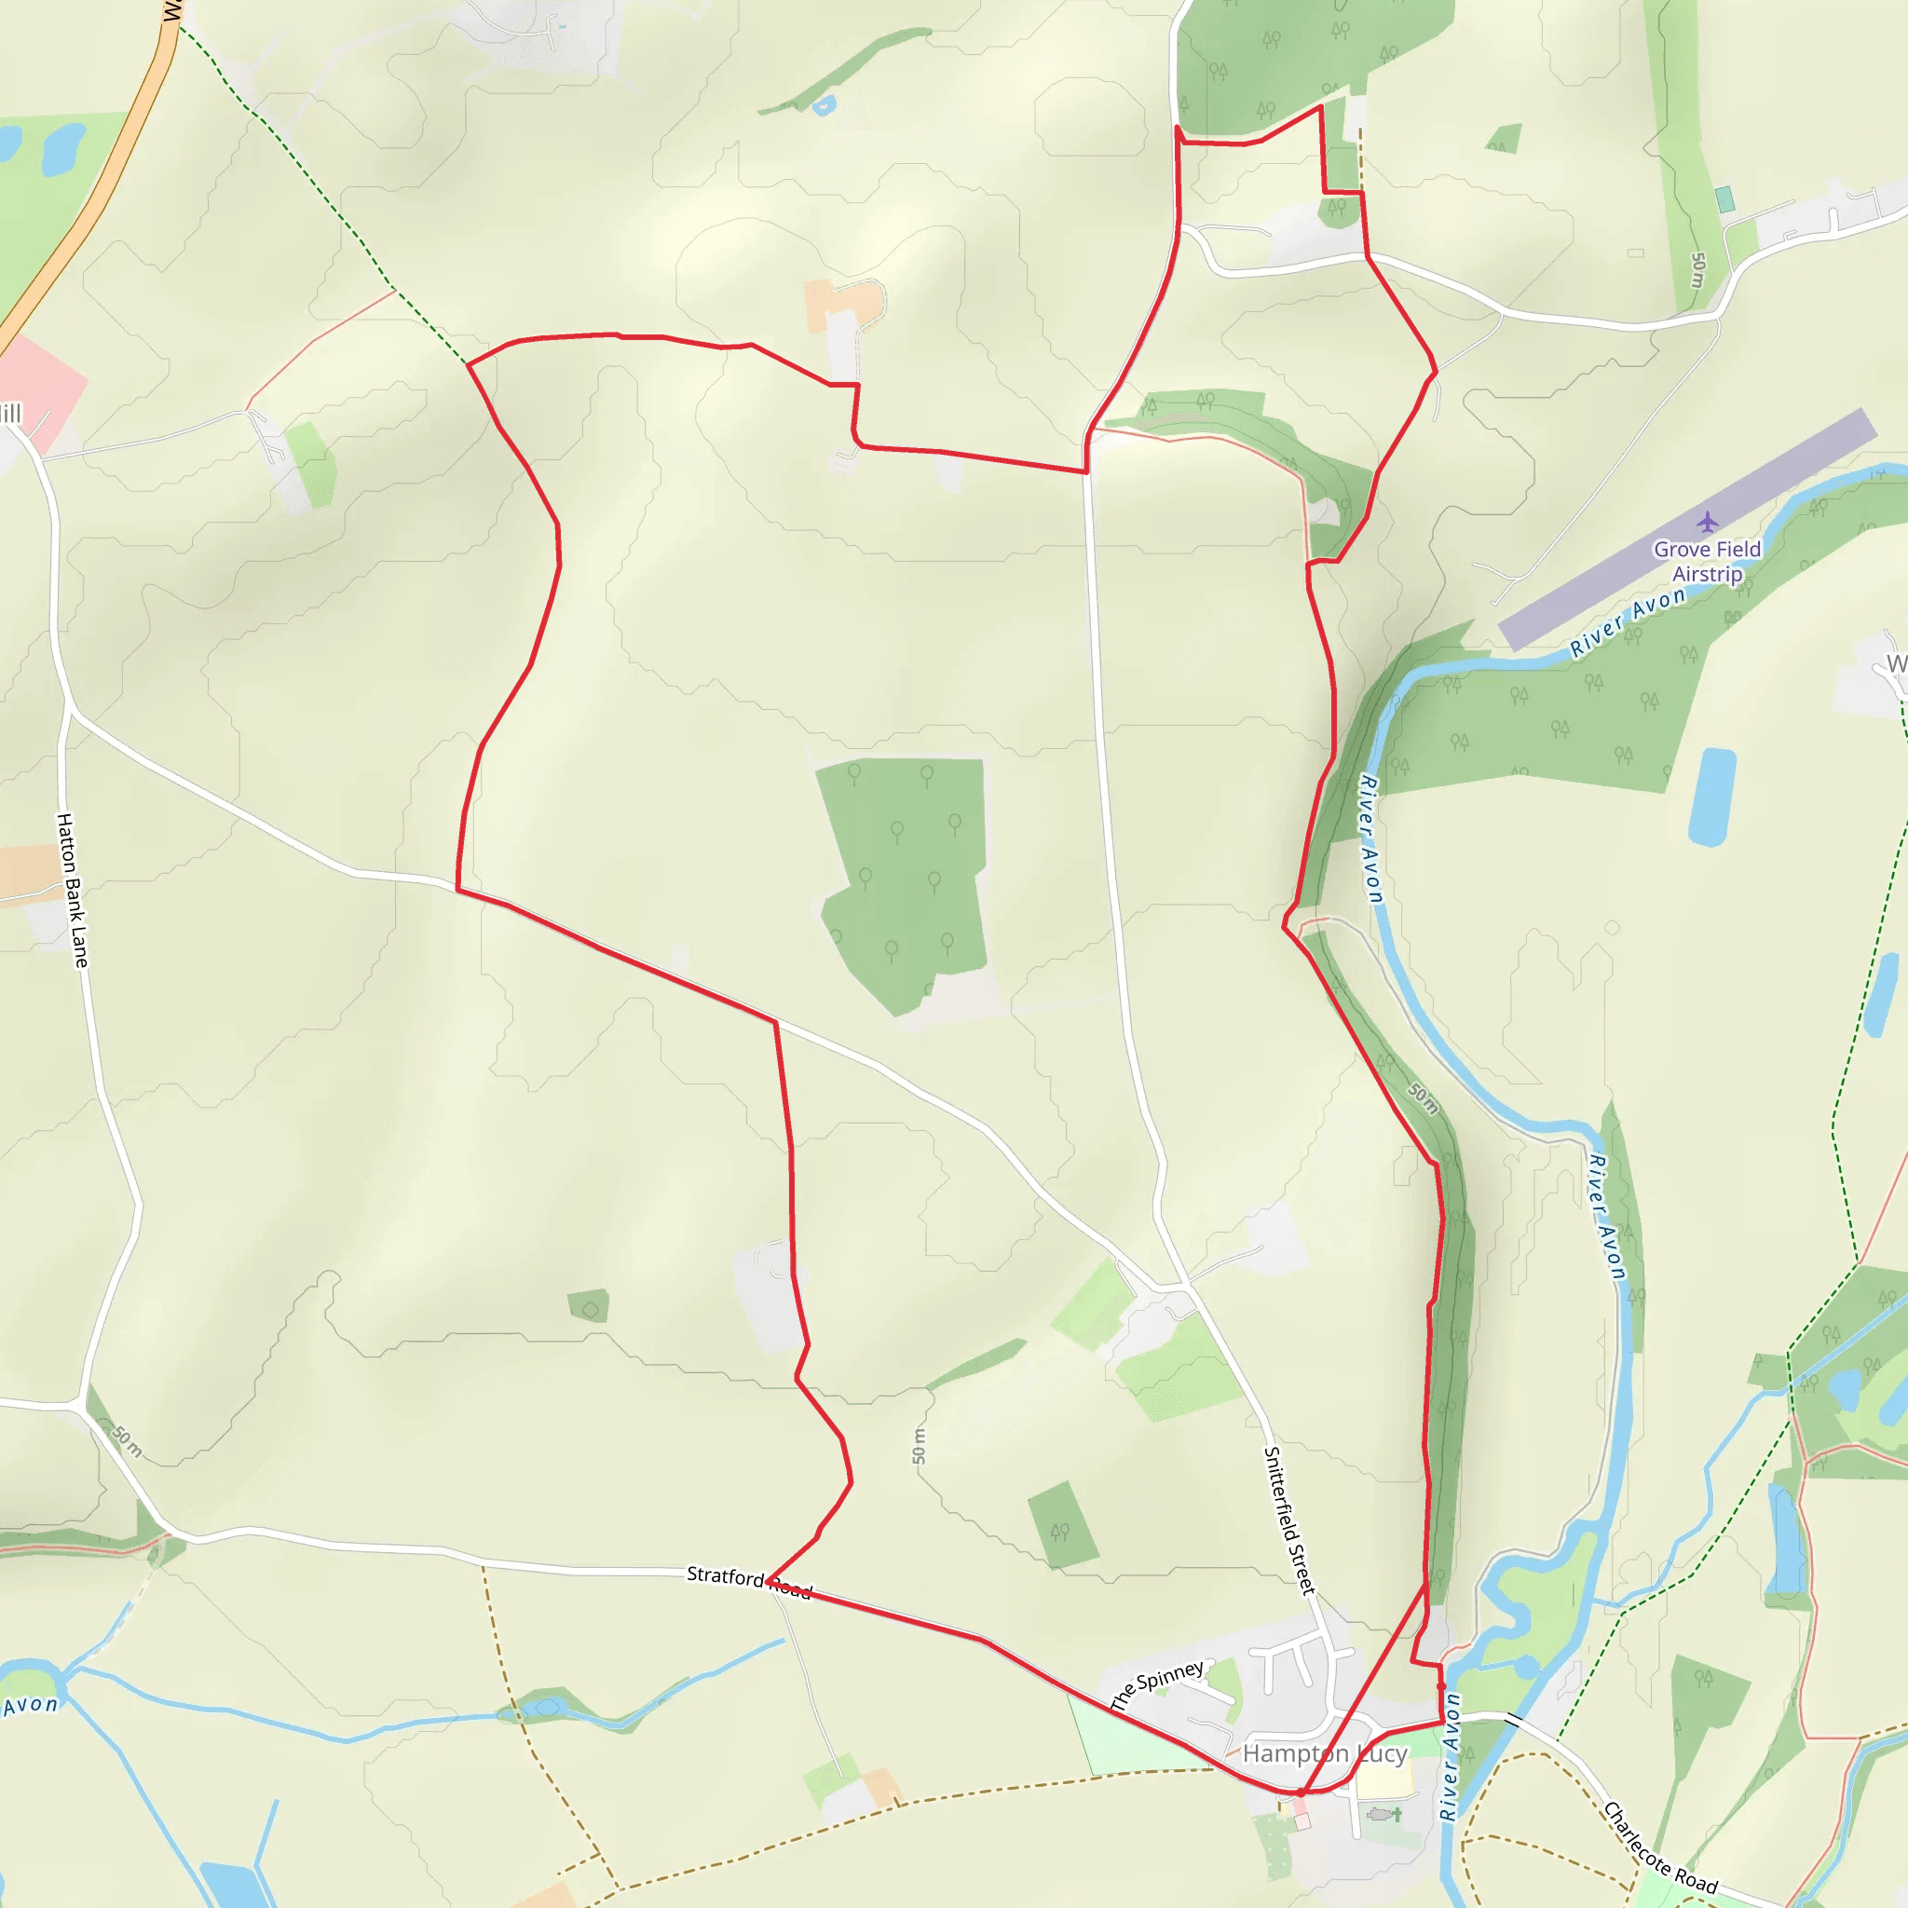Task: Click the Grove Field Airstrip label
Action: pos(1707,561)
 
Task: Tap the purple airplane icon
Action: pos(1708,522)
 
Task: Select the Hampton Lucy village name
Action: pos(1325,1753)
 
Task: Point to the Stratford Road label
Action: pos(749,1581)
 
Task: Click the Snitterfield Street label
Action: pos(1289,1520)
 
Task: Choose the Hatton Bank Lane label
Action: pos(73,889)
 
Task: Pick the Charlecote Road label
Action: pos(1659,1847)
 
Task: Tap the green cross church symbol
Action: pos(1397,1814)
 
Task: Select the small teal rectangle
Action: pos(1725,199)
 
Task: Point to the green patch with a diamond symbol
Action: pos(590,1306)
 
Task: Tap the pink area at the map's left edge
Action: pos(39,390)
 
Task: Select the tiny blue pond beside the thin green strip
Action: pos(824,104)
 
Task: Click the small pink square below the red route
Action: pos(1302,1820)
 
